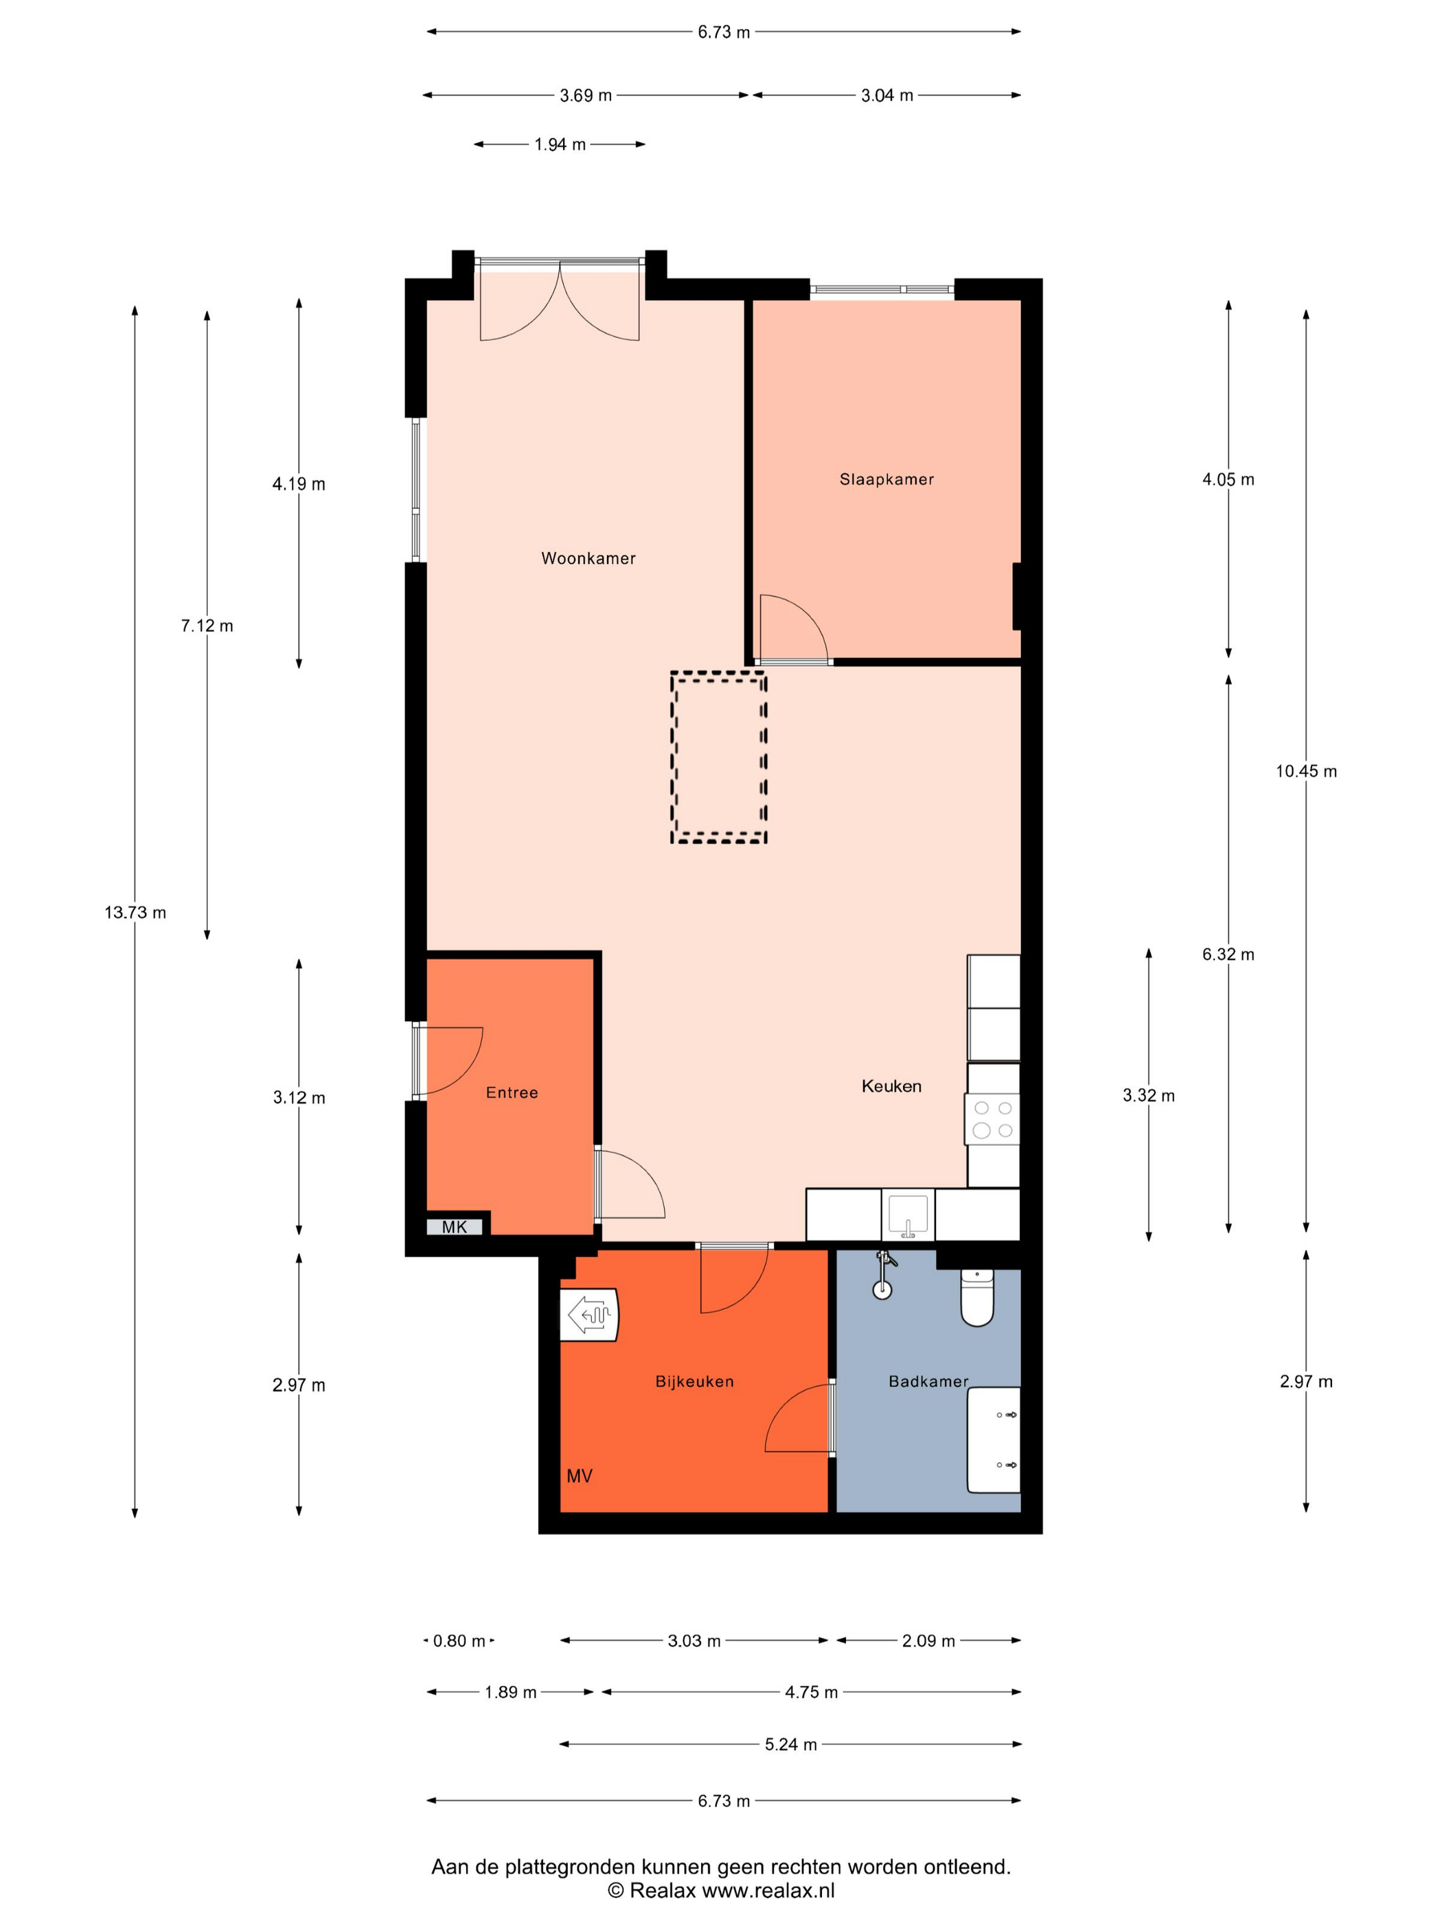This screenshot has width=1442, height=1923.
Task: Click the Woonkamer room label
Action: click(x=588, y=558)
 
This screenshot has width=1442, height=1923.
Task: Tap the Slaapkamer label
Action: click(x=886, y=479)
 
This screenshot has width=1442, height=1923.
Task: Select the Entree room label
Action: click(x=512, y=1093)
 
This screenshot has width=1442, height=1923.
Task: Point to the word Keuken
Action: click(x=891, y=1086)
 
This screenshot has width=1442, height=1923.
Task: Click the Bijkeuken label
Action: click(x=694, y=1381)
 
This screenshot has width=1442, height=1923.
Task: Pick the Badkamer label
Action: click(x=928, y=1381)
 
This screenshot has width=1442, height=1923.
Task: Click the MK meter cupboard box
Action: click(x=455, y=1227)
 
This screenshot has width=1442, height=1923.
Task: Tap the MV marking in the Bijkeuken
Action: click(x=579, y=1476)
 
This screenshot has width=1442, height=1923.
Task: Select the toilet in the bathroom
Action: click(x=977, y=1298)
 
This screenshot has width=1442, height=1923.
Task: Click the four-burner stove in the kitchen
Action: click(x=992, y=1119)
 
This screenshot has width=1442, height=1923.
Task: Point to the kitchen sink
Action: click(x=908, y=1214)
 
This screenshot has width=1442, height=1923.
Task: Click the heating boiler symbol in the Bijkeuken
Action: click(x=588, y=1315)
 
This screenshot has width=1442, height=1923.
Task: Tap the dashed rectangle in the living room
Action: click(x=718, y=758)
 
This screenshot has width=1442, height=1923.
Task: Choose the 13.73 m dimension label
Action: click(x=135, y=913)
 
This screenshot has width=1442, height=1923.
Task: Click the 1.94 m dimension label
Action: click(x=560, y=144)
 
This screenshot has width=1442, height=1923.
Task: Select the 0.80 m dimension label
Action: click(x=459, y=1641)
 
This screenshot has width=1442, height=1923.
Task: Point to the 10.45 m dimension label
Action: click(x=1307, y=771)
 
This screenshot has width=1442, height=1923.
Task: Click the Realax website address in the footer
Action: click(x=768, y=1891)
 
